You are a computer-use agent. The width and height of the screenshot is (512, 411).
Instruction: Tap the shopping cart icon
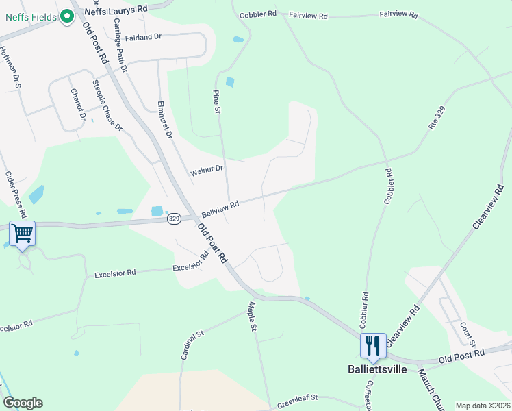(23, 234)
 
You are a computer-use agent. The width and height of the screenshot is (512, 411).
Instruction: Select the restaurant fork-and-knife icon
(372, 345)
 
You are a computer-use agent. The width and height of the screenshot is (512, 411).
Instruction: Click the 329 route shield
(174, 218)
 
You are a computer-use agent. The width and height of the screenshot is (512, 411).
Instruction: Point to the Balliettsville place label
(373, 369)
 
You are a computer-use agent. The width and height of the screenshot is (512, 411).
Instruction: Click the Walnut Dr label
(207, 169)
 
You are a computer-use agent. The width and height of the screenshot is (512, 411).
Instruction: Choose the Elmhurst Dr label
(164, 121)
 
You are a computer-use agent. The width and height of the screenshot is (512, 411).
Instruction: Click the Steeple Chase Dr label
(107, 106)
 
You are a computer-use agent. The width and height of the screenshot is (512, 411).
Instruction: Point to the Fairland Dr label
(143, 36)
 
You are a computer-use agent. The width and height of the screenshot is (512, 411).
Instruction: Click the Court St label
(468, 334)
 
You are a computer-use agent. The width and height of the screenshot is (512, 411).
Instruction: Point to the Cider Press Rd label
(15, 195)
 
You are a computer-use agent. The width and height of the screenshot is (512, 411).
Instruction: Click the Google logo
(23, 403)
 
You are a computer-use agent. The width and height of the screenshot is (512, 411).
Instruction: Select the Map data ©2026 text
(482, 406)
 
